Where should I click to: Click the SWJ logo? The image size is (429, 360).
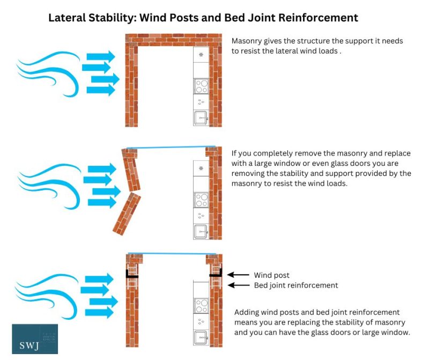[34, 339]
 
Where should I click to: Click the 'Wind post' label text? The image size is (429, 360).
[272, 275]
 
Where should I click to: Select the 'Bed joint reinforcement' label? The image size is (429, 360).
[296, 285]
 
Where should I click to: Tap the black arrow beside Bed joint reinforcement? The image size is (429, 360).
[238, 285]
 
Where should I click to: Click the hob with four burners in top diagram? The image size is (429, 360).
[201, 86]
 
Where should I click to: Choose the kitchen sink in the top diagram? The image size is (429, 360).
[201, 117]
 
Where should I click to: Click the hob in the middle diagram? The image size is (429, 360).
[201, 200]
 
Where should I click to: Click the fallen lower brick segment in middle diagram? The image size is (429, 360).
[127, 214]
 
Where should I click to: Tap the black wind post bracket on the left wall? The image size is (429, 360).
[131, 275]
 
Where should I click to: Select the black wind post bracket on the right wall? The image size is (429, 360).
[216, 275]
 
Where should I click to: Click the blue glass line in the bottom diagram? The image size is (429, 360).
[174, 254]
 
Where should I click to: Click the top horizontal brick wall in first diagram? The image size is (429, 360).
[173, 40]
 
